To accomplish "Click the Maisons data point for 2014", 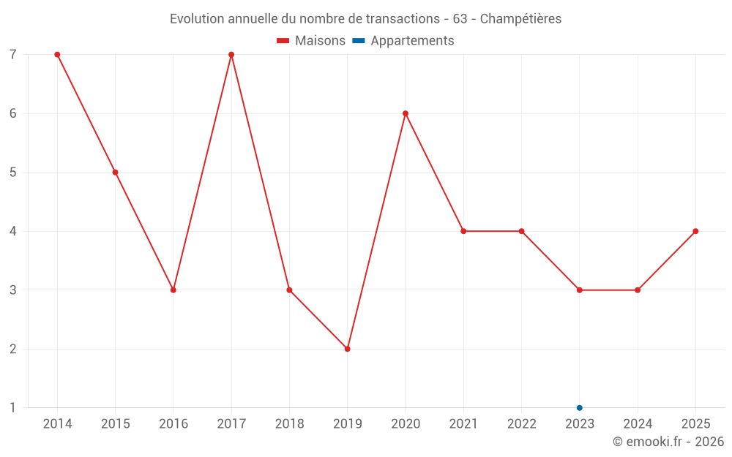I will tap(57, 55).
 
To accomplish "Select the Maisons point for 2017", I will tap(231, 55).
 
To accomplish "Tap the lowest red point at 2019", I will tap(348, 349).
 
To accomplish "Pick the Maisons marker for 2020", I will tap(406, 113).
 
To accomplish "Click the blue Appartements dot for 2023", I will tap(580, 408).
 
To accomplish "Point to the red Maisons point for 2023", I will tap(580, 290).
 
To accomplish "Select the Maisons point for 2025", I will tap(695, 231).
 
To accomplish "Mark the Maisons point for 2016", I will tap(173, 290).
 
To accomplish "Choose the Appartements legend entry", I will tap(412, 41).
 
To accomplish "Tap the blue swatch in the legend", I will tap(359, 41).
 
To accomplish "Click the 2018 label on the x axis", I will tap(289, 424).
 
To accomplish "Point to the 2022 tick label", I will tap(521, 424).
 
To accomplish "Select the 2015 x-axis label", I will tap(115, 424).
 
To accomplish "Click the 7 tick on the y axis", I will tap(13, 55).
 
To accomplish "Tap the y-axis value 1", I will tap(13, 408).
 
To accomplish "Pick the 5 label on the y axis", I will tap(13, 173).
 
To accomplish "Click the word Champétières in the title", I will tap(520, 19).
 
